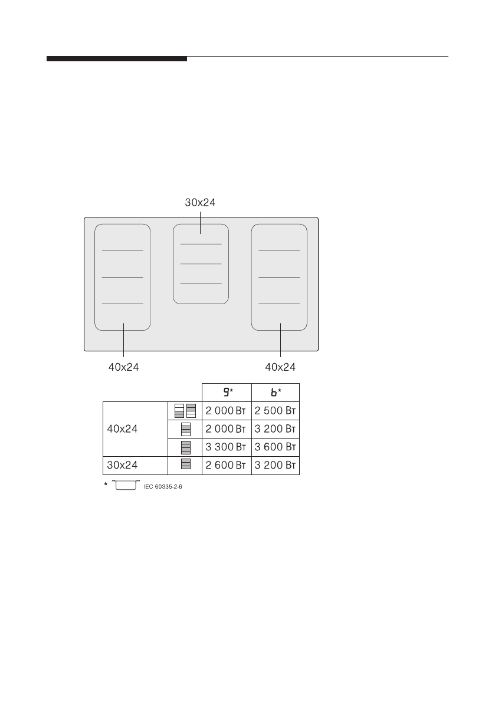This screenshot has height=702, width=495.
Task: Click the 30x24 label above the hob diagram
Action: coord(201,202)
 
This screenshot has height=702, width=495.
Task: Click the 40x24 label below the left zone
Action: coord(123,367)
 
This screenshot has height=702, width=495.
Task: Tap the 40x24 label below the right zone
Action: coord(280,367)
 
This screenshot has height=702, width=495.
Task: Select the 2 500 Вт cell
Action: coord(276,411)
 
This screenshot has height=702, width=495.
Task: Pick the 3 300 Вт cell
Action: coord(226,447)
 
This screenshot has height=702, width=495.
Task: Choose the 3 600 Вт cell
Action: coord(276,447)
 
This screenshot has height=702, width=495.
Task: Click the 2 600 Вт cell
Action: coord(226,466)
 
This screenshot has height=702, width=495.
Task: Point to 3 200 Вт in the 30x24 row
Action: coord(276,466)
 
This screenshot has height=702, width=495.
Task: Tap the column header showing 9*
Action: coord(226,393)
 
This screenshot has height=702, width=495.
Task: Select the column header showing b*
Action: coord(276,393)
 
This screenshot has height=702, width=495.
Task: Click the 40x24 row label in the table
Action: coord(123,429)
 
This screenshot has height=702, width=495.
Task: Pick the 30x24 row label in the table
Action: coord(123,466)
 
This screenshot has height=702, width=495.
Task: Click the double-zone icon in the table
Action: coord(185,411)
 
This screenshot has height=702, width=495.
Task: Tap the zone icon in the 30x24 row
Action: coord(185,466)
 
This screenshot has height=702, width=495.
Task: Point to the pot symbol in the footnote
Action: coord(124,486)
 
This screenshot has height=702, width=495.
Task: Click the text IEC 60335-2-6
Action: coord(163,487)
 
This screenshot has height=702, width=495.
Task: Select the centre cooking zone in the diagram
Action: coord(201,263)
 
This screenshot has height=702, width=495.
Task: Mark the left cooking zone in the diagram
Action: coord(123,277)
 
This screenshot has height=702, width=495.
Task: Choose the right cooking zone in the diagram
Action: coord(280,277)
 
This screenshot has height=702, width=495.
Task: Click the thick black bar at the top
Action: coord(117,59)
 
